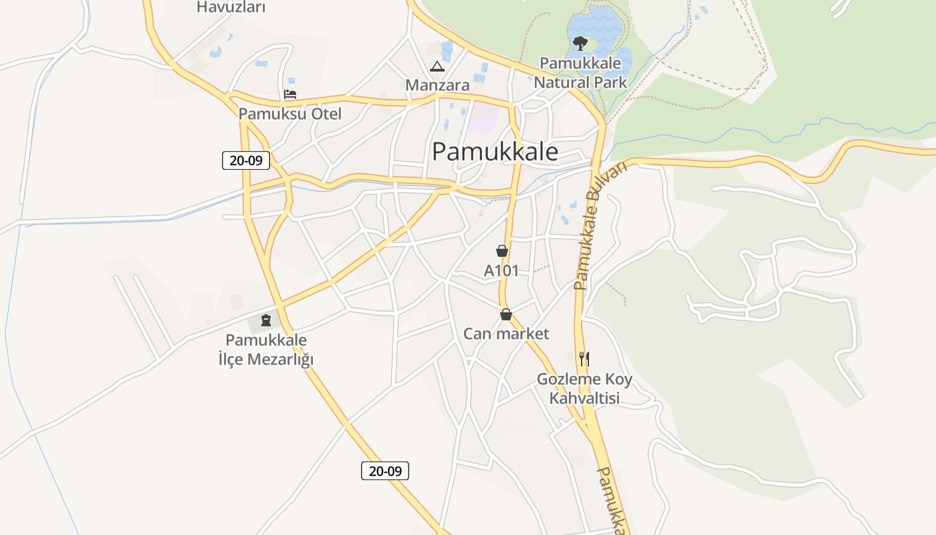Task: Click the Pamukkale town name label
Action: [495, 152]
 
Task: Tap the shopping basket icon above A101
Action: [502, 251]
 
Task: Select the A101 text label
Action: [501, 271]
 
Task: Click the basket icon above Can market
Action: [506, 314]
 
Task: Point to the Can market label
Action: [506, 334]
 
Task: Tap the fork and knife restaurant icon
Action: [584, 358]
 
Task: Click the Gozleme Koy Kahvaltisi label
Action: [584, 389]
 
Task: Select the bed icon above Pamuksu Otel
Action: [289, 94]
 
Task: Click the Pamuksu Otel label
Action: [289, 114]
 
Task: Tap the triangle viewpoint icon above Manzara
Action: [437, 66]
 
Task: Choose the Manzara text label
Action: [437, 86]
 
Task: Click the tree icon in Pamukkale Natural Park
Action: [580, 43]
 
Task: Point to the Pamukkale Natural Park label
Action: [580, 73]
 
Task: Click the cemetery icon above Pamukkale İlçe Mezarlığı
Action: [265, 320]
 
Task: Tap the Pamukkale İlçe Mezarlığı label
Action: [266, 350]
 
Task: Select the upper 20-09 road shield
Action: [246, 160]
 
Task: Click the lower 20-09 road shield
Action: [385, 471]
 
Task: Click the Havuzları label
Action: [231, 7]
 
